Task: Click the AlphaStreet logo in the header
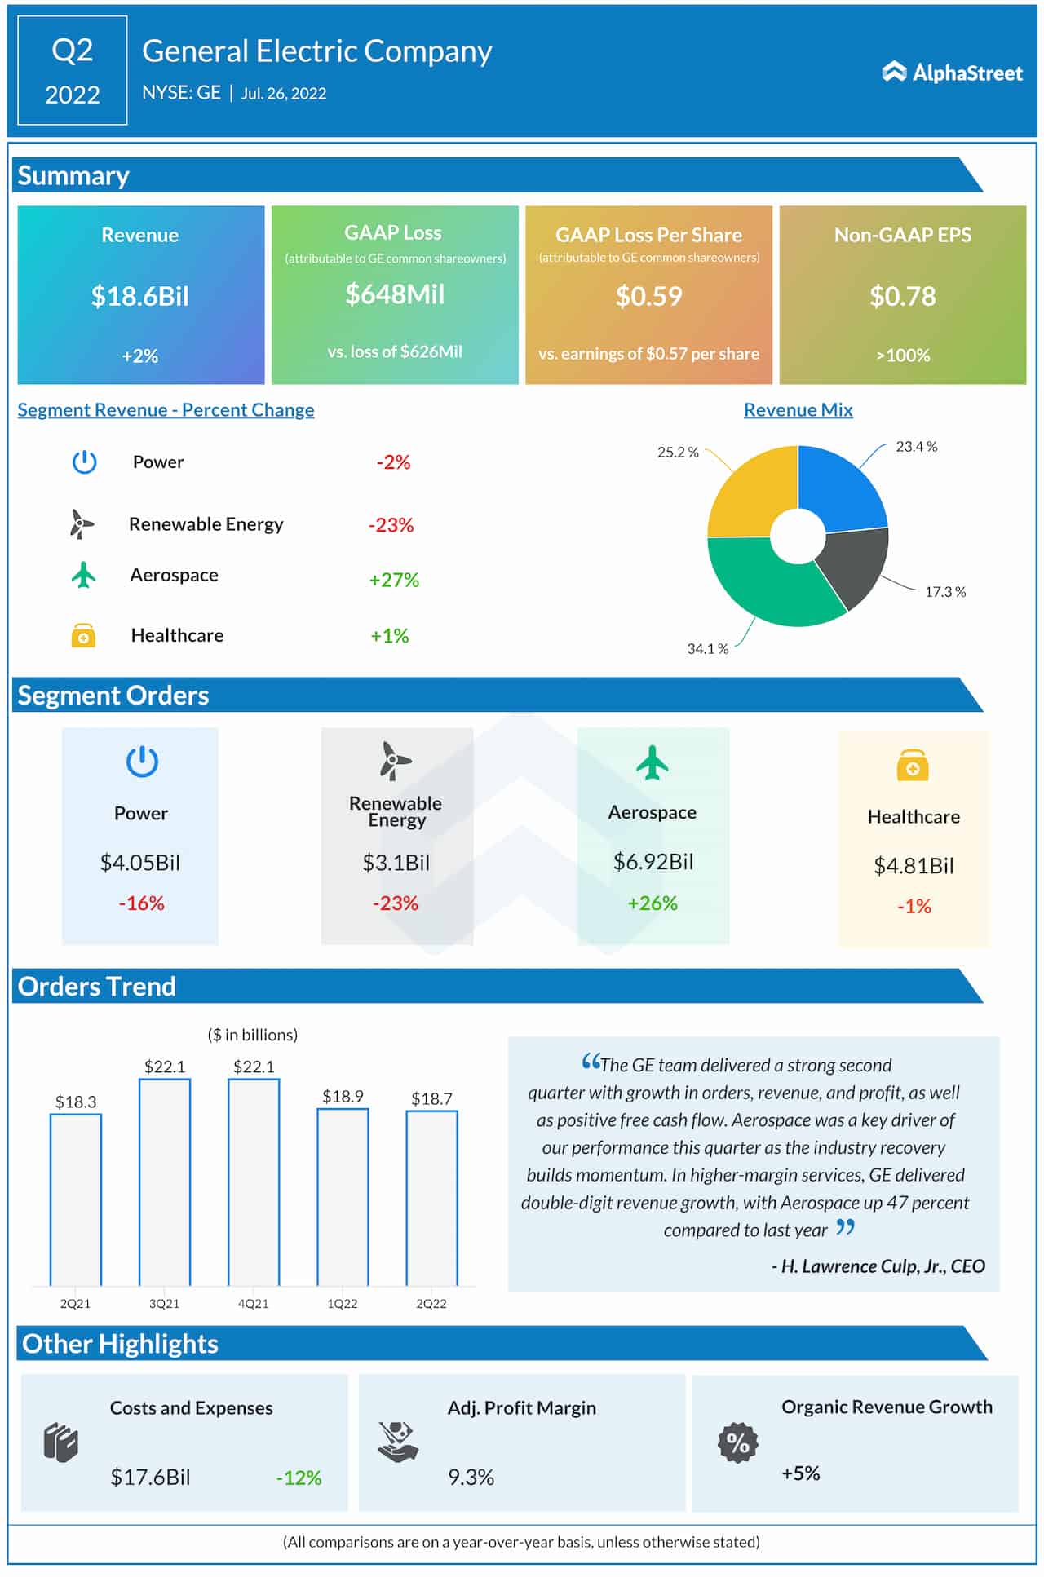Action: (952, 73)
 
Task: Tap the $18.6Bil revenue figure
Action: (139, 296)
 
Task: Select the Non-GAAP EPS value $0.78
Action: (902, 296)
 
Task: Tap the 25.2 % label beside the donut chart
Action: (678, 452)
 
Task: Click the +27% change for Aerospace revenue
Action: (394, 580)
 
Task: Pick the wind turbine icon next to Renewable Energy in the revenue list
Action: (81, 524)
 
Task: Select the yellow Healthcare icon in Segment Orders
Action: (912, 766)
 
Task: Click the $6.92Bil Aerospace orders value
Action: (652, 862)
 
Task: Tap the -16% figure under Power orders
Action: (141, 903)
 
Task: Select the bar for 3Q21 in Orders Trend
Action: (165, 1182)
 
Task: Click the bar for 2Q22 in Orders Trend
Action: (431, 1199)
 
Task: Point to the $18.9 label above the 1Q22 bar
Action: (343, 1096)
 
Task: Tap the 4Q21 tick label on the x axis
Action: (253, 1304)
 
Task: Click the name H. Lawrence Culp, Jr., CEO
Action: (878, 1266)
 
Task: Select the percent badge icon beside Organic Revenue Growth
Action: (737, 1442)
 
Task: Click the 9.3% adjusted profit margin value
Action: (471, 1477)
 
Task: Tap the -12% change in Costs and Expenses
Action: (299, 1478)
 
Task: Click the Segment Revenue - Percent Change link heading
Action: (166, 410)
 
